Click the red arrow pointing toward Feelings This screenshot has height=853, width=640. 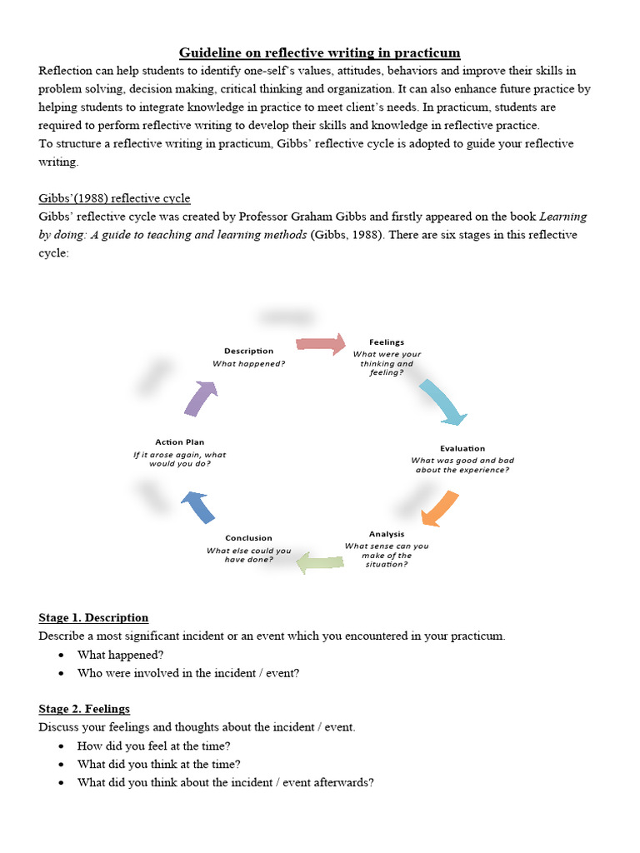point(321,343)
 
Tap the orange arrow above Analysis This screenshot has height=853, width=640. point(440,509)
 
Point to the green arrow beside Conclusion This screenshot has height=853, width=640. point(321,562)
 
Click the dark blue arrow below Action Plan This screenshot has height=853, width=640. point(198,506)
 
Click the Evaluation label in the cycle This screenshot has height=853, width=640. point(462,448)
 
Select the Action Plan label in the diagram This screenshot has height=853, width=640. point(179,441)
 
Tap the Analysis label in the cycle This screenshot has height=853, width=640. point(387,534)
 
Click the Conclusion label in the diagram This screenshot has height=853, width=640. point(249,538)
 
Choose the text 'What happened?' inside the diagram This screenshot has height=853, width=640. point(248,363)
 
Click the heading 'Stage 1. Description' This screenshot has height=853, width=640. point(93,617)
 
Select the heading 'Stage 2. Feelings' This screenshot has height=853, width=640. point(84,709)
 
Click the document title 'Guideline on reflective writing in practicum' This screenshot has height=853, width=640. point(320,52)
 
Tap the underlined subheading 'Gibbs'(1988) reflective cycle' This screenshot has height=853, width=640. point(114,198)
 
